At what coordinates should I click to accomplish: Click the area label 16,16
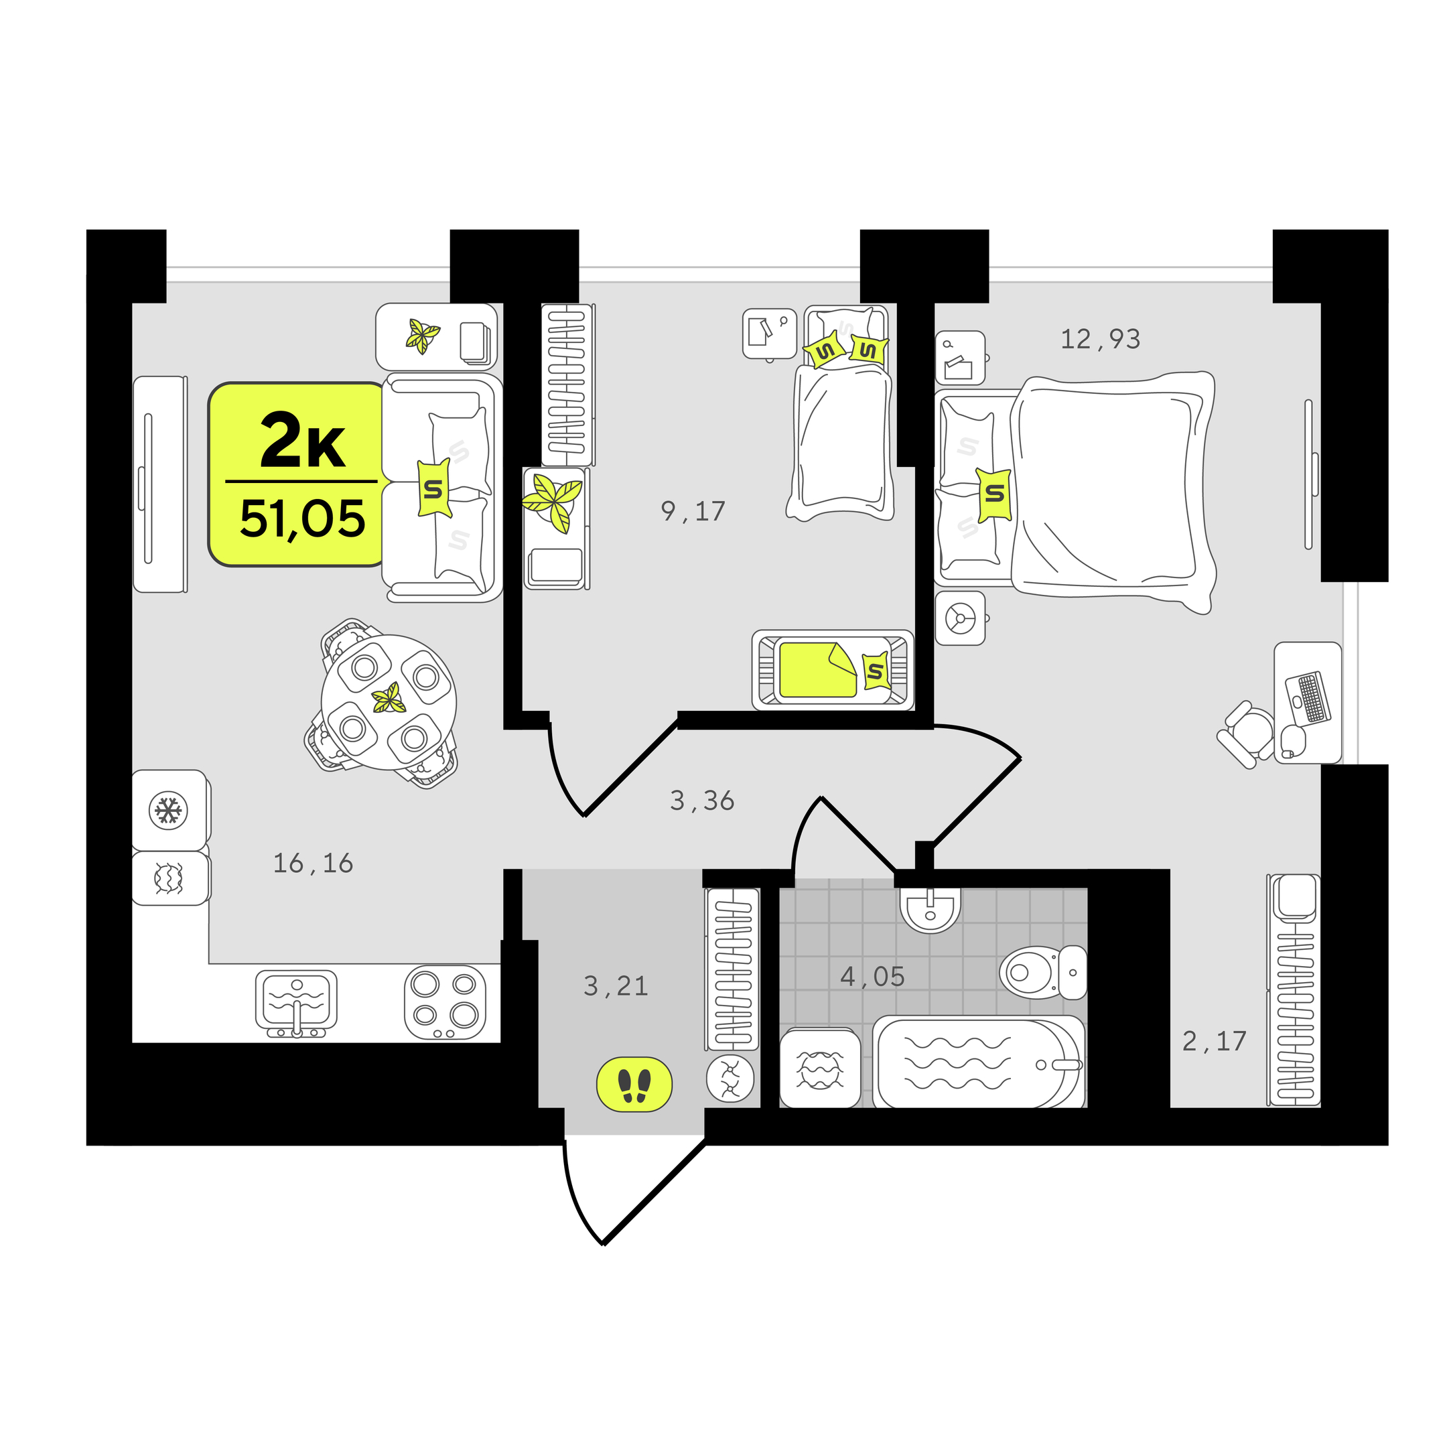point(313,864)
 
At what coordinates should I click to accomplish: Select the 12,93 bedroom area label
point(1100,339)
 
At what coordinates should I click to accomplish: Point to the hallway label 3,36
point(703,801)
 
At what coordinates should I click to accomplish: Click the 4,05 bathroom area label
point(872,977)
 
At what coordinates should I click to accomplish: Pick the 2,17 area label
point(1214,1041)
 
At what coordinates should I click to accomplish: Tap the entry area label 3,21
point(616,986)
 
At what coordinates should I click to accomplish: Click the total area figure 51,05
point(303,519)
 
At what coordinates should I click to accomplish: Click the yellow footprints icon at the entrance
point(634,1085)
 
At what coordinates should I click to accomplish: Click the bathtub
point(979,1062)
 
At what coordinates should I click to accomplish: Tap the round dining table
point(389,703)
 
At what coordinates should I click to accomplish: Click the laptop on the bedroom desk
point(1307,697)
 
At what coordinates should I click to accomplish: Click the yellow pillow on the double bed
point(995,494)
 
